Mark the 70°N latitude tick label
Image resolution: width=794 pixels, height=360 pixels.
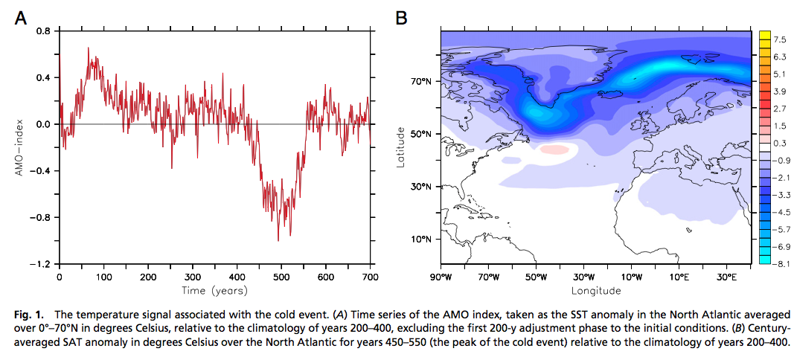pyautogui.click(x=422, y=82)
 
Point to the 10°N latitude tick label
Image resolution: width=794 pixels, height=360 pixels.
pyautogui.click(x=422, y=240)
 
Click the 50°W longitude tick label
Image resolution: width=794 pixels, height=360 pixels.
pyautogui.click(x=536, y=276)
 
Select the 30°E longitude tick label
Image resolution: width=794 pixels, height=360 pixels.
pyautogui.click(x=726, y=276)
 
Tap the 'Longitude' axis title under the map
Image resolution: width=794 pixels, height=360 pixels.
pyautogui.click(x=595, y=289)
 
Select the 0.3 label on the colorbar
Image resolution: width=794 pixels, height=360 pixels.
pyautogui.click(x=780, y=143)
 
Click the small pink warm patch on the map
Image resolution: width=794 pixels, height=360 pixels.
pyautogui.click(x=554, y=149)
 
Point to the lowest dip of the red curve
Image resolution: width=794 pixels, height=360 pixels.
pyautogui.click(x=278, y=240)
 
